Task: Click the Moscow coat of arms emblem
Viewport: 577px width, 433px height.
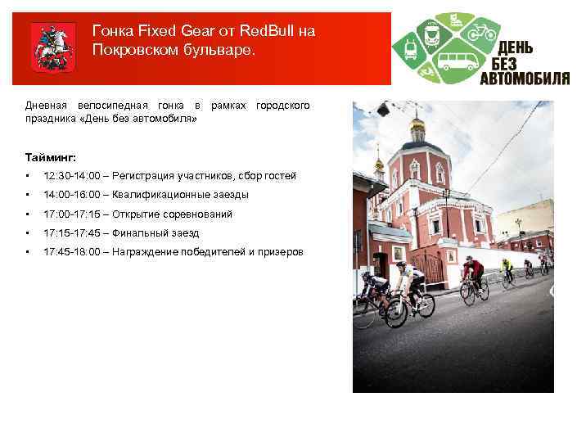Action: pyautogui.click(x=52, y=47)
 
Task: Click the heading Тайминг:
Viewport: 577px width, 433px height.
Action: pyautogui.click(x=51, y=156)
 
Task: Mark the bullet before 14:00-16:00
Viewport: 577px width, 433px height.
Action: pyautogui.click(x=29, y=195)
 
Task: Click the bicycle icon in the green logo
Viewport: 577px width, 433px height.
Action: pyautogui.click(x=483, y=33)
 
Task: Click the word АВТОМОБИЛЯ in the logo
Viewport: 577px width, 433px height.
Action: pyautogui.click(x=525, y=79)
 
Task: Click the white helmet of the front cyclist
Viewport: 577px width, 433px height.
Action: pyautogui.click(x=400, y=266)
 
